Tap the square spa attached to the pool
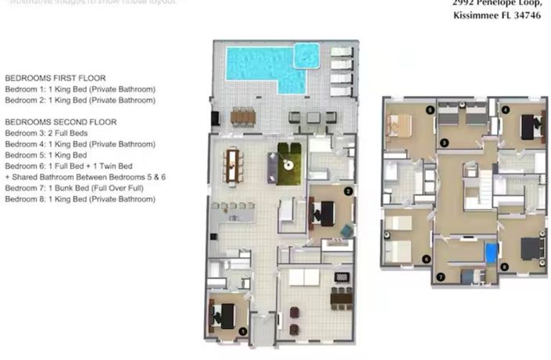pos(306,55)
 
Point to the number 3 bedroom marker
pos(443,143)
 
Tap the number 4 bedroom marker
pos(506,109)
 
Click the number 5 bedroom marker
pos(429,111)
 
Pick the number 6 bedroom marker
pos(426,259)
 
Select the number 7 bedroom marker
pos(441,276)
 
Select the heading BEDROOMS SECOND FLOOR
pos(61,123)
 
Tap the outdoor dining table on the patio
pos(243,116)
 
